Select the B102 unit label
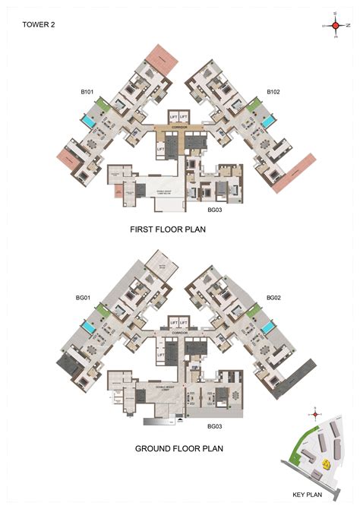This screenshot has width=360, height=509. (x=274, y=93)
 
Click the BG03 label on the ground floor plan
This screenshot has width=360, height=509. (x=214, y=426)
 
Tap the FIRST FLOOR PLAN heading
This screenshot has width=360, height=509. (x=179, y=227)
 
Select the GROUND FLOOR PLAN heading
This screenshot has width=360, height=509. (x=179, y=448)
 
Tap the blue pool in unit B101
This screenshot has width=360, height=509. (x=89, y=121)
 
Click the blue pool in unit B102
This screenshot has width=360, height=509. (x=268, y=121)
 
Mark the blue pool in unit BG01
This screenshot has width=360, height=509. (x=89, y=327)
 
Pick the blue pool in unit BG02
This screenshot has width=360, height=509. (x=268, y=327)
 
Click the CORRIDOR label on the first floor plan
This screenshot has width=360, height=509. (x=179, y=127)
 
